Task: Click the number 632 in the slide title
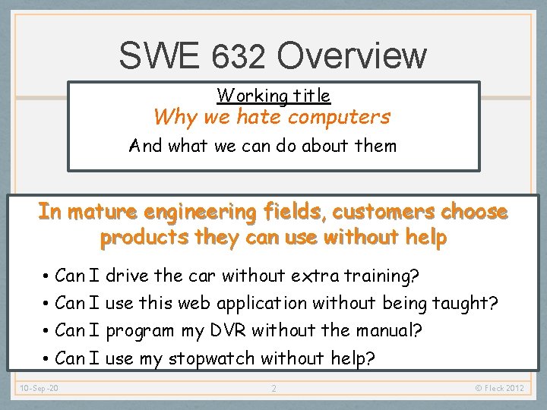[x=239, y=56]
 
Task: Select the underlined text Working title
[x=273, y=96]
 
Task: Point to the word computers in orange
[x=339, y=117]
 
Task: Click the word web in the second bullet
[x=194, y=304]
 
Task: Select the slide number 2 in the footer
[x=273, y=389]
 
